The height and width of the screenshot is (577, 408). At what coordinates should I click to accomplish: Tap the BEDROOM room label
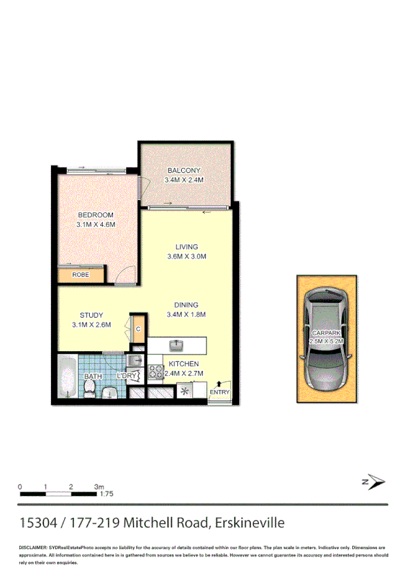95,215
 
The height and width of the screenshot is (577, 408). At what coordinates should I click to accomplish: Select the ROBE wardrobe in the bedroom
81,275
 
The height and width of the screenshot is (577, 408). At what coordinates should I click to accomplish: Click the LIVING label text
186,246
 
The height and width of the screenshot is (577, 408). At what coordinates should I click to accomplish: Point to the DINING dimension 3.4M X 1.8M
186,314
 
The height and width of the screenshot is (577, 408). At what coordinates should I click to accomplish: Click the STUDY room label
91,315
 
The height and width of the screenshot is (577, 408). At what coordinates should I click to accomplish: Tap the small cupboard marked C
138,329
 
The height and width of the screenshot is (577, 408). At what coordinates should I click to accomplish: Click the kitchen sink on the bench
176,344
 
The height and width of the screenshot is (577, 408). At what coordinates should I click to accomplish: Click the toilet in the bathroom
89,389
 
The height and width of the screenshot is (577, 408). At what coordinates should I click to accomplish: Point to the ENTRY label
220,392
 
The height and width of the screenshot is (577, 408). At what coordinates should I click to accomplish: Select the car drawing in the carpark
326,339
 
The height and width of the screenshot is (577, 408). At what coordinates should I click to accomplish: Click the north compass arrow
373,482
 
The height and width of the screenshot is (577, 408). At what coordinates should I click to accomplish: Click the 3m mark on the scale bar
99,487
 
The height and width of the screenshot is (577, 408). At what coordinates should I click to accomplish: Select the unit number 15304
38,523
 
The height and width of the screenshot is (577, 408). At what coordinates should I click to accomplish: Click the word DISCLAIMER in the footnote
32,548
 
